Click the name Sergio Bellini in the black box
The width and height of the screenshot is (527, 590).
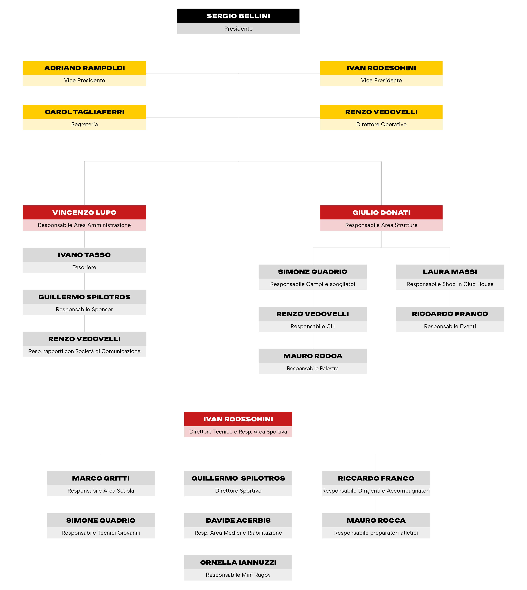point(238,16)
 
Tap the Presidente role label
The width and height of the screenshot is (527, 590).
point(238,29)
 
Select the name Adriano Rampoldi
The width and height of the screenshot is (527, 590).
point(85,68)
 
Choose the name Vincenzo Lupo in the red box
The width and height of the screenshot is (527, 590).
point(85,213)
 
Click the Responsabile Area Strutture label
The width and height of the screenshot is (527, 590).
point(381,225)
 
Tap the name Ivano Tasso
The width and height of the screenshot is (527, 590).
point(84,255)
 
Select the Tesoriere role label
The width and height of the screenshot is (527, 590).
point(84,267)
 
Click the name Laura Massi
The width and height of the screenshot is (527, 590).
point(450,272)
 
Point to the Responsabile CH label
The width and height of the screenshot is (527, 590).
point(313,326)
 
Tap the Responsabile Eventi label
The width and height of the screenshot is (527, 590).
point(450,326)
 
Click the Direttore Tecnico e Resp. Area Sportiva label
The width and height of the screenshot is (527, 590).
point(238,432)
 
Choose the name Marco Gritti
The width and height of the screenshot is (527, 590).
point(101,478)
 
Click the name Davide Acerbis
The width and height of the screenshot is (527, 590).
point(238,520)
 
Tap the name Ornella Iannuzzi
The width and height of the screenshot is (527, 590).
point(238,562)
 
